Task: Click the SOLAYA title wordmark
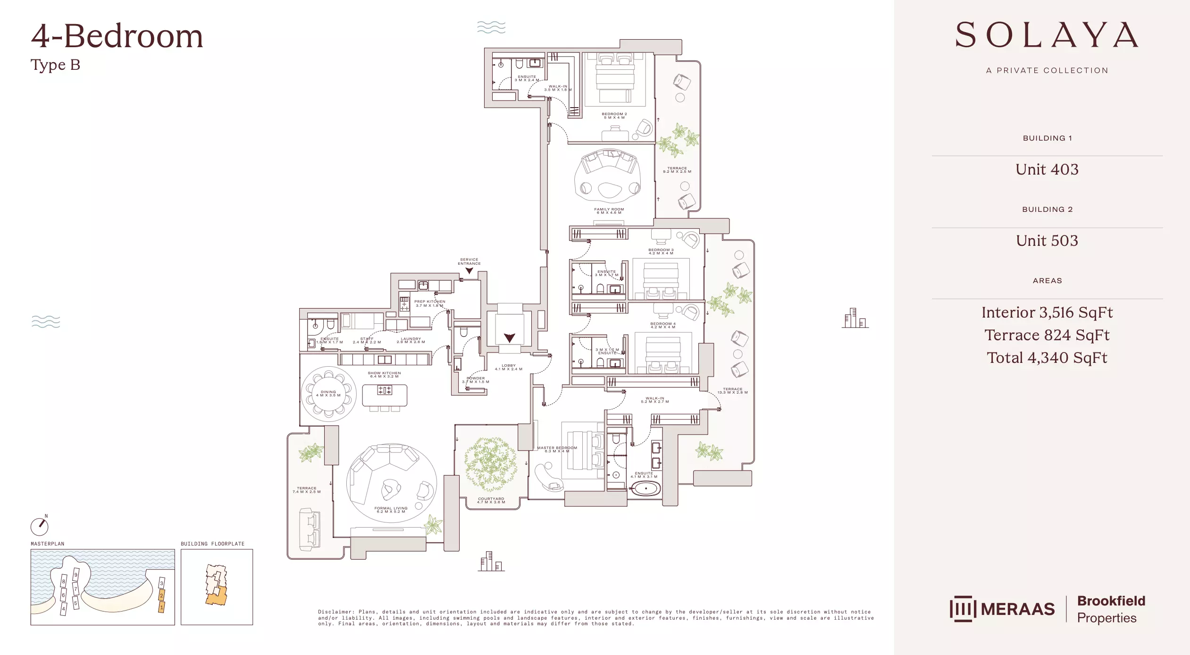tap(1047, 35)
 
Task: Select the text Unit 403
tap(1047, 169)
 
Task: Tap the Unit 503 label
tap(1047, 241)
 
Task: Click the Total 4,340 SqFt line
tap(1047, 358)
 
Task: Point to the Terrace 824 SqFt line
tap(1047, 335)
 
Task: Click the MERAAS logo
tap(1002, 609)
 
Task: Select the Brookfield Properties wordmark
tap(1111, 609)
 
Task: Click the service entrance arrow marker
tap(469, 271)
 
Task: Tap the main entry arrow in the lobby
tap(509, 338)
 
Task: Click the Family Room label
tap(609, 211)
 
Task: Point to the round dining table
tap(329, 394)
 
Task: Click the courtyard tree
tap(491, 464)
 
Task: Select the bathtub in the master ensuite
tap(645, 488)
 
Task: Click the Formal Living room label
tap(391, 510)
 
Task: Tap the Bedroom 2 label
tap(614, 116)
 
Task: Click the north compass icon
tap(40, 526)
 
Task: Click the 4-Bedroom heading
tap(117, 36)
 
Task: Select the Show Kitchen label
tap(384, 375)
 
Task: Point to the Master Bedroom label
tap(557, 449)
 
